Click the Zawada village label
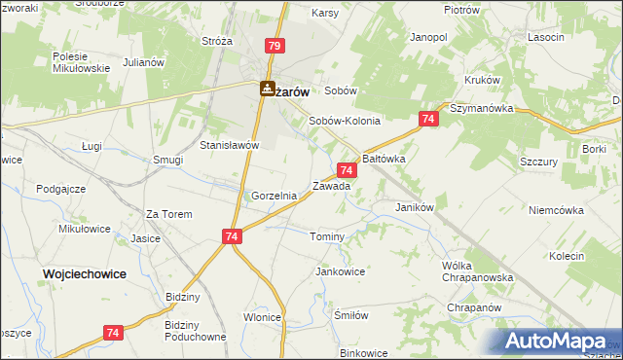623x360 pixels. tap(331, 186)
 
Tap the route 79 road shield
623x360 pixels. tap(275, 46)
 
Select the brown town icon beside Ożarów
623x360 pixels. tap(267, 89)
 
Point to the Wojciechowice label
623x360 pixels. tap(85, 274)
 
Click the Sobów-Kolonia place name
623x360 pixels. tap(344, 121)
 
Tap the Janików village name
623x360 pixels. tap(414, 207)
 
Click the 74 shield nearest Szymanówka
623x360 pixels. tap(427, 118)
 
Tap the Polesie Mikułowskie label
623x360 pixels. tap(79, 63)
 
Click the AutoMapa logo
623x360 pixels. tap(555, 341)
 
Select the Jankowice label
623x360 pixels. tap(340, 271)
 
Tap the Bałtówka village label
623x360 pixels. tap(384, 157)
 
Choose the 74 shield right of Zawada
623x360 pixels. tap(348, 169)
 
